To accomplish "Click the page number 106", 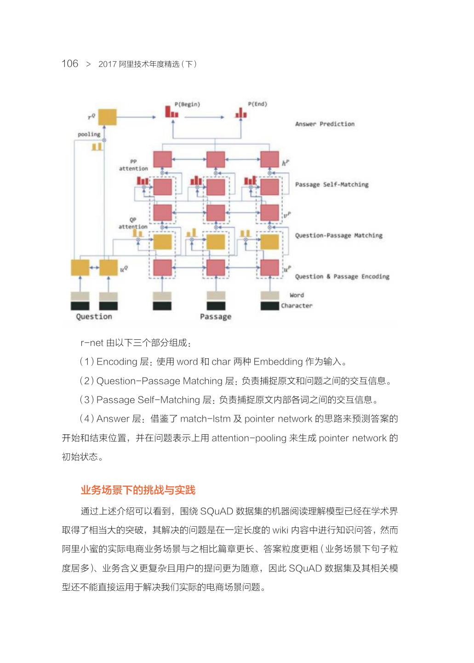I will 70,64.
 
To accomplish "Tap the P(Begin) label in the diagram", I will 187,104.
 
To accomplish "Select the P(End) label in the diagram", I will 257,104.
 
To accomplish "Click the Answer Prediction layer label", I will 325,124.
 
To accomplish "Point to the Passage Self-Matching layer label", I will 331,185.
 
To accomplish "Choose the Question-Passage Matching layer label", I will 338,235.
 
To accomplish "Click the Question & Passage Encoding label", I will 342,276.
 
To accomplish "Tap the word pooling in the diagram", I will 89,134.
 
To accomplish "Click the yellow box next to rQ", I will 107,117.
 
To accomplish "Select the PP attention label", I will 133,165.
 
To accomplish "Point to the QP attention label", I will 133,223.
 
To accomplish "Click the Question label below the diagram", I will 94,316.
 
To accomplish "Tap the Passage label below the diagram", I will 216,316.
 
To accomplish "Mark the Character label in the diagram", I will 297,305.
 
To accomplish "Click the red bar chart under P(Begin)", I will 171,112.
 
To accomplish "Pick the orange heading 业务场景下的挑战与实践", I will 138,490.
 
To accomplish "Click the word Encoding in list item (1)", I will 117,362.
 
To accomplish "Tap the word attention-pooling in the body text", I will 249,438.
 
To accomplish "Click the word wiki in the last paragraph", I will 280,530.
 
